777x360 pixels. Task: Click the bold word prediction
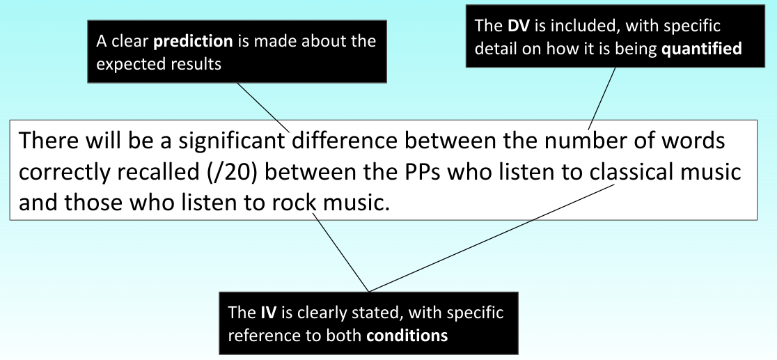[193, 42]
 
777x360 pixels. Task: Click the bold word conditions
[407, 335]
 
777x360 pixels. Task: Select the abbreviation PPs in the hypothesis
[423, 173]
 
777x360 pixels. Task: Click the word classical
[629, 173]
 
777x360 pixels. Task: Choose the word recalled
[148, 173]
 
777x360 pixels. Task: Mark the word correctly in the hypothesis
[58, 173]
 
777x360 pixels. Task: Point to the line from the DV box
[603, 97]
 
